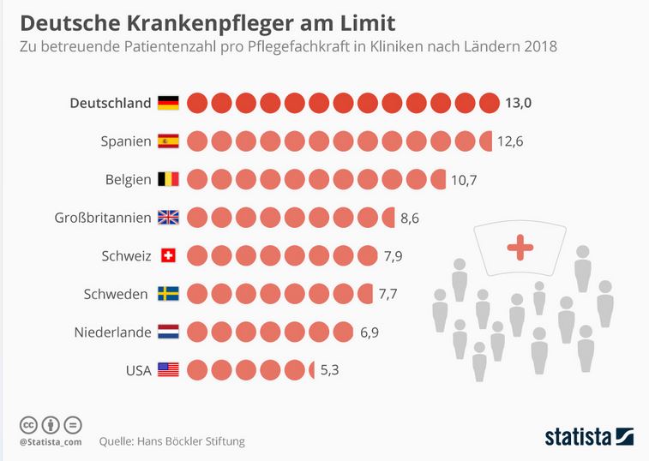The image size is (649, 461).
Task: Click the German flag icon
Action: [x=168, y=104]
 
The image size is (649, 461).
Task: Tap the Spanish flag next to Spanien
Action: [x=168, y=141]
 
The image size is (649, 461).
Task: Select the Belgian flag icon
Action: [x=168, y=179]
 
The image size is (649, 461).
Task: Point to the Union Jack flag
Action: [x=168, y=218]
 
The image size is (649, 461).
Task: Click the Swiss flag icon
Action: [x=168, y=255]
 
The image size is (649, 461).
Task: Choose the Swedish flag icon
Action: [x=168, y=294]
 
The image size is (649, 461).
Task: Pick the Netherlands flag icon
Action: [x=168, y=332]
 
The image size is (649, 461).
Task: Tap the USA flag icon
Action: [x=168, y=370]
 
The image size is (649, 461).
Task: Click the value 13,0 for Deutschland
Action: [x=518, y=104]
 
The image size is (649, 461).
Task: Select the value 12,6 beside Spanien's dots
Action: [x=509, y=141]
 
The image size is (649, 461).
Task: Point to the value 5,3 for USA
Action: [x=330, y=370]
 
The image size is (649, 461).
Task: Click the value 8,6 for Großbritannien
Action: [x=410, y=218]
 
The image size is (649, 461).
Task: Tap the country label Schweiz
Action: [x=126, y=255]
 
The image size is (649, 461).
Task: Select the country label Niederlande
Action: [x=112, y=332]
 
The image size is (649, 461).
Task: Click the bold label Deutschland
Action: [x=110, y=104]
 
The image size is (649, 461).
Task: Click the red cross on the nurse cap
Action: [x=520, y=248]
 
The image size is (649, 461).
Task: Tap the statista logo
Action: [x=589, y=436]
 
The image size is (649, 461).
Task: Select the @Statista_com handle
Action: [x=51, y=441]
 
